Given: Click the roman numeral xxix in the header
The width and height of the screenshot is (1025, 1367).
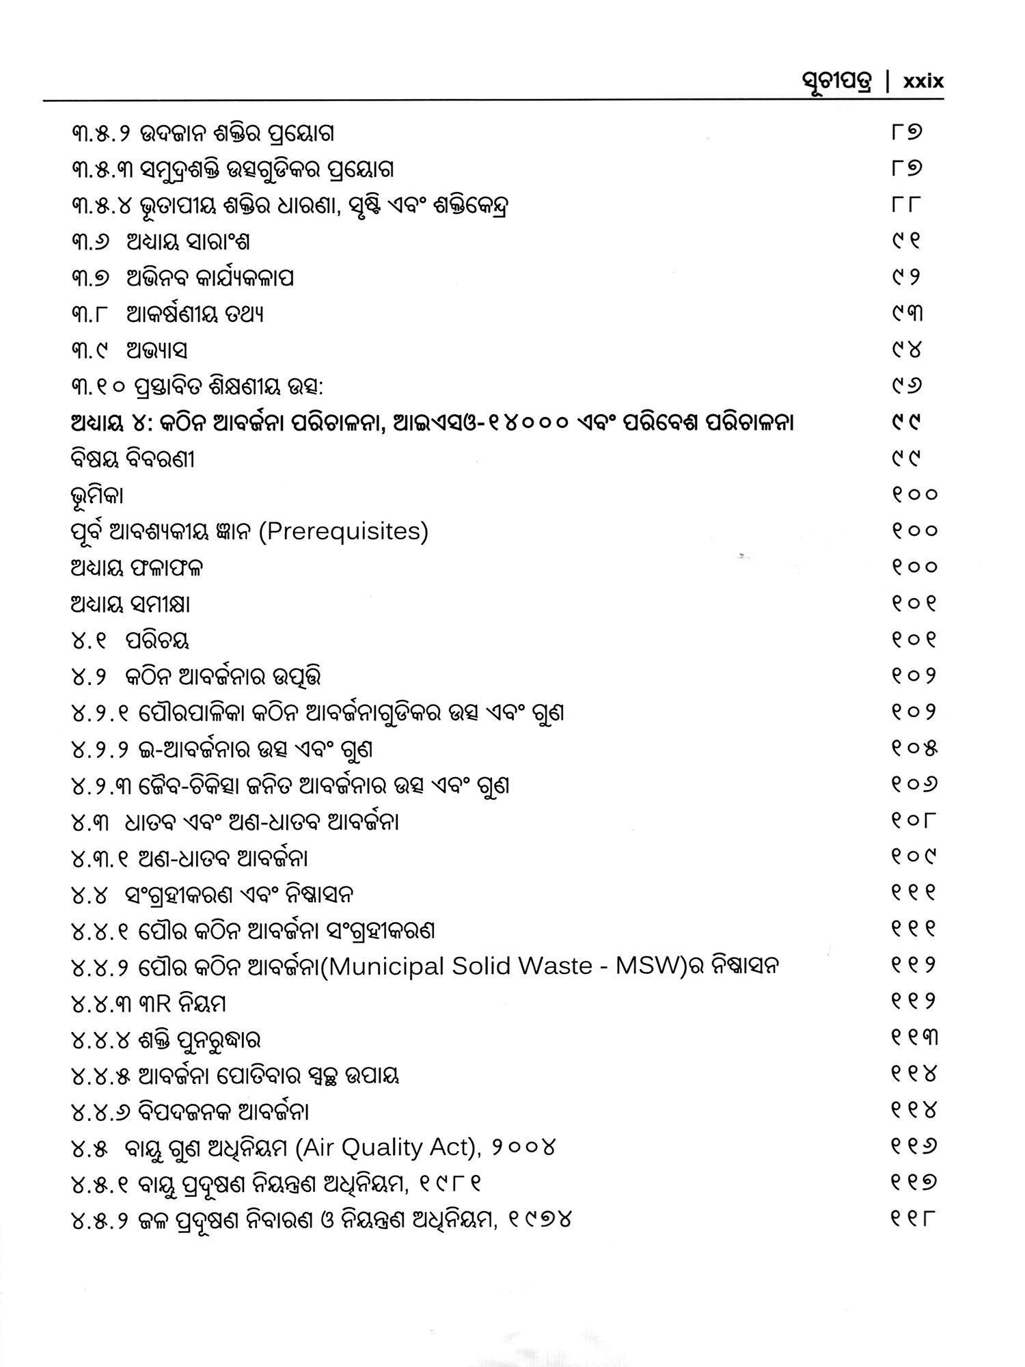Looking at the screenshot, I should point(922,81).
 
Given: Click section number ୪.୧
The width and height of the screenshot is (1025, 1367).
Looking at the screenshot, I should point(87,640).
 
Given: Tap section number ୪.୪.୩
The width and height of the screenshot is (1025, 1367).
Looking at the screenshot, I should point(100,1003).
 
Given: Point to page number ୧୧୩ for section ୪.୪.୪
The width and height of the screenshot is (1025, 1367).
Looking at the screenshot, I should point(914,1038).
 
